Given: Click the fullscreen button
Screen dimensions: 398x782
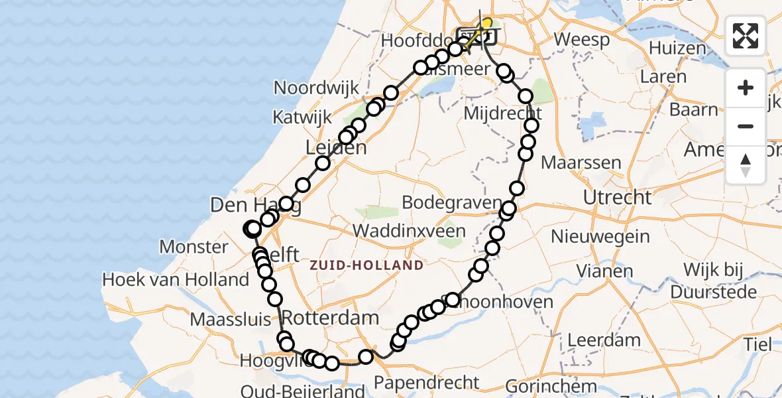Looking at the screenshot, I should pyautogui.click(x=746, y=36).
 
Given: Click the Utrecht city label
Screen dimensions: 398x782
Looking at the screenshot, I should pyautogui.click(x=617, y=197).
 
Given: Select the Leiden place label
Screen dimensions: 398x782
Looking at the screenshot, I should pyautogui.click(x=336, y=147).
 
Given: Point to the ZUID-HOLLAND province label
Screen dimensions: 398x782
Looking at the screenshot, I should pyautogui.click(x=366, y=265).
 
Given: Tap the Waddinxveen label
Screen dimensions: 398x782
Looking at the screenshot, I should pyautogui.click(x=409, y=231).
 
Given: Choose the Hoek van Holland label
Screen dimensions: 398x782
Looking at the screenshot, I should pyautogui.click(x=176, y=279).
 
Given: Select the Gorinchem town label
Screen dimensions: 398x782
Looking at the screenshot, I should pyautogui.click(x=552, y=385).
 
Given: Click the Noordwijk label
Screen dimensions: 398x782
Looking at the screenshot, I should pyautogui.click(x=317, y=88).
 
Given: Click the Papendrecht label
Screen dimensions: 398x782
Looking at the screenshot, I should pyautogui.click(x=427, y=382).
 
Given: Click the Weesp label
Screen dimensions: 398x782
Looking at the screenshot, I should pyautogui.click(x=582, y=39).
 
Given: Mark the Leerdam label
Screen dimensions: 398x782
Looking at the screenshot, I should pyautogui.click(x=586, y=340).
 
